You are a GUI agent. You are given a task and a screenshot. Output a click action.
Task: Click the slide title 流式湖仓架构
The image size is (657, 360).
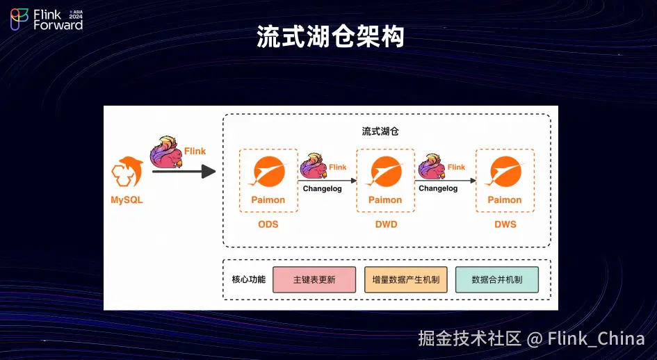330,36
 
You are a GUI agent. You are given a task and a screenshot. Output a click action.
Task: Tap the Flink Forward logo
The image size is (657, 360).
47,19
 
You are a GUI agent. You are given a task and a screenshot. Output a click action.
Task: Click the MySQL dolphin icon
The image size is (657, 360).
127,172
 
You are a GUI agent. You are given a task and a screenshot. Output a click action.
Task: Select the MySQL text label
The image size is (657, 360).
127,201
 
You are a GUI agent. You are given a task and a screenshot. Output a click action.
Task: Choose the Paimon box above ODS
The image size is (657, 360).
268,180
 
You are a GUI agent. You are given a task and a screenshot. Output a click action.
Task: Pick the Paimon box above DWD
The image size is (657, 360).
385,180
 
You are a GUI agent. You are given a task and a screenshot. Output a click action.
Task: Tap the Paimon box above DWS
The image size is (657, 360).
505,180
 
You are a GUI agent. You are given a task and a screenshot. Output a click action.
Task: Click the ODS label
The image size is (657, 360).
268,224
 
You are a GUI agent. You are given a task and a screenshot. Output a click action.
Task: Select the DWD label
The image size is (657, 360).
385,224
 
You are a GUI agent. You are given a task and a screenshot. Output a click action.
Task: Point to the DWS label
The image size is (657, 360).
505,224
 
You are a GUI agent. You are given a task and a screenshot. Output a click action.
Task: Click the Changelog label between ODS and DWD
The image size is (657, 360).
323,188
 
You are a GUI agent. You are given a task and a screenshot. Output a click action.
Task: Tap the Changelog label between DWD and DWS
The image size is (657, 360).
438,188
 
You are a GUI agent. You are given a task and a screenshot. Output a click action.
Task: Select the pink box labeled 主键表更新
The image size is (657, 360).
314,279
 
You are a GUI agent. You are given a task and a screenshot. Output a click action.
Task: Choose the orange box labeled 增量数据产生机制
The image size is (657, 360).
406,279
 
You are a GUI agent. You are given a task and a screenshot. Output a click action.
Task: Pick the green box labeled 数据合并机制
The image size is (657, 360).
496,279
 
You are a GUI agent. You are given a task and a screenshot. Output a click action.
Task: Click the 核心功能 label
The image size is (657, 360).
248,279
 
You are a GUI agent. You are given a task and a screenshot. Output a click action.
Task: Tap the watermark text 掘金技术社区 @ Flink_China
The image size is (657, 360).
531,338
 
